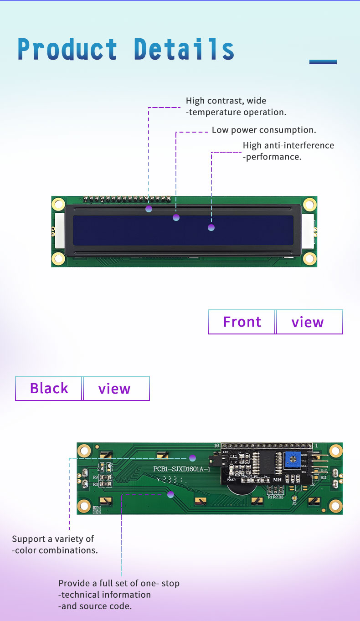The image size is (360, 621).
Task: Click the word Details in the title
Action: click(184, 49)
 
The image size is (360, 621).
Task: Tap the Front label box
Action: click(242, 322)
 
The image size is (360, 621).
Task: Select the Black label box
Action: click(49, 388)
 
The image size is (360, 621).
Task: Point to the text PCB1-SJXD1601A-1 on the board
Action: click(181, 469)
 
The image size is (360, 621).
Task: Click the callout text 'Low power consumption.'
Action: click(264, 130)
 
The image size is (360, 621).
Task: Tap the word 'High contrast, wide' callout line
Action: click(226, 101)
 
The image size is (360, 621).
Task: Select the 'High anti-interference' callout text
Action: click(288, 145)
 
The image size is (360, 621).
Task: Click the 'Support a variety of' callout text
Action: click(53, 539)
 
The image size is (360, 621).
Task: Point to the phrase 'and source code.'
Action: click(95, 606)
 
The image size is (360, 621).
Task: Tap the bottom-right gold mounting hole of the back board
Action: click(335, 505)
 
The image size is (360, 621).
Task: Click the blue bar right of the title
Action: click(323, 62)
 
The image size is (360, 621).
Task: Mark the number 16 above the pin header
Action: click(217, 446)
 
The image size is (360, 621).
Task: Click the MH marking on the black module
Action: click(277, 479)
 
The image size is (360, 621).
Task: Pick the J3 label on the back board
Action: click(294, 503)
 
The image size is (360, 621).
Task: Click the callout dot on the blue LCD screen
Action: click(211, 227)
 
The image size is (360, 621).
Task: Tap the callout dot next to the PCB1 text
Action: click(192, 458)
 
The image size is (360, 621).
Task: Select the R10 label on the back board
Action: click(324, 471)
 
